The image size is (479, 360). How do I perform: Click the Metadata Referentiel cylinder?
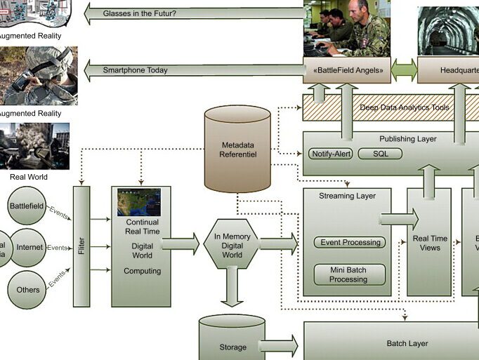237,149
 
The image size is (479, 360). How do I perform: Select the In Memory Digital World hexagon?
231,245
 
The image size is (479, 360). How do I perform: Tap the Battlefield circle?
26,206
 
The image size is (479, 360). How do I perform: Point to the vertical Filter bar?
81,246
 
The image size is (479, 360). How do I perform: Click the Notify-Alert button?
330,154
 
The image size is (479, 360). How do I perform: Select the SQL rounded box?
380,154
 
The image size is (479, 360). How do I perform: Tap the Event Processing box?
349,243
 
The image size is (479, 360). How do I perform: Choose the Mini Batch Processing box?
348,274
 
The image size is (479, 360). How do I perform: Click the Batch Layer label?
407,343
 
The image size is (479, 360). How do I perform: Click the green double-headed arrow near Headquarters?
404,70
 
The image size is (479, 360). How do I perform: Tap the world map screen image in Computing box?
138,202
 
